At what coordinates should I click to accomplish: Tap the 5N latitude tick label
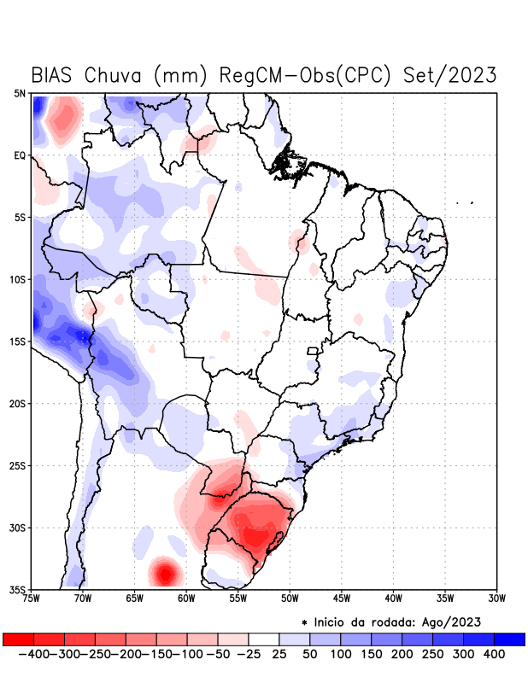[19, 93]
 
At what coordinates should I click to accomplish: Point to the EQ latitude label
[19, 155]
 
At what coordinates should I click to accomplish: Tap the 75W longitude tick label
[31, 598]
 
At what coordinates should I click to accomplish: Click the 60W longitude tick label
[186, 598]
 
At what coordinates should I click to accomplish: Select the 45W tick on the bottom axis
[342, 598]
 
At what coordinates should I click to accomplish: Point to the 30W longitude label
[497, 598]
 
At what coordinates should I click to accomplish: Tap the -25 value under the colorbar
[249, 654]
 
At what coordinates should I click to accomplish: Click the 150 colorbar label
[370, 654]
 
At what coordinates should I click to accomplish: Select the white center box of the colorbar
[264, 639]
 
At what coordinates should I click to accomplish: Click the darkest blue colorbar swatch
[510, 639]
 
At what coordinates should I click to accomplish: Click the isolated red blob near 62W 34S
[164, 571]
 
